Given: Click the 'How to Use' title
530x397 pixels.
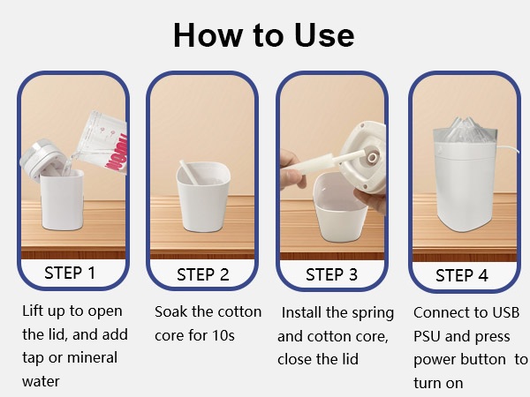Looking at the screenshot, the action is pyautogui.click(x=263, y=35).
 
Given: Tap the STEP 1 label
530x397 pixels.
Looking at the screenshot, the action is pyautogui.click(x=70, y=273).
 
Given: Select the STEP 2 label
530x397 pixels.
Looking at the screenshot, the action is pyautogui.click(x=203, y=274).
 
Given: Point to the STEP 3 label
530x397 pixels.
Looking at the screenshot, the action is pyautogui.click(x=331, y=274).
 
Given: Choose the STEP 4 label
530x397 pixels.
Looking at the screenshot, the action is pyautogui.click(x=462, y=275).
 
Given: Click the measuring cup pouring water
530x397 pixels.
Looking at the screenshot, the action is pyautogui.click(x=102, y=144).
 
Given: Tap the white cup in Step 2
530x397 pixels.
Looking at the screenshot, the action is pyautogui.click(x=203, y=197).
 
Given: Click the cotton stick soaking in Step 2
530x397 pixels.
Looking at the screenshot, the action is pyautogui.click(x=188, y=171).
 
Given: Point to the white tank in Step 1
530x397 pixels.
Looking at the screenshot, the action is pyautogui.click(x=62, y=200).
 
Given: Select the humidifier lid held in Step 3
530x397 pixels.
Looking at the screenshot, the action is pyautogui.click(x=363, y=158).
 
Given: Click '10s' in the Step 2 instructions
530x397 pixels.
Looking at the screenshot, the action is pyautogui.click(x=223, y=335).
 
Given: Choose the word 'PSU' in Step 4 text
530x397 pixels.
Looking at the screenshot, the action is pyautogui.click(x=427, y=336).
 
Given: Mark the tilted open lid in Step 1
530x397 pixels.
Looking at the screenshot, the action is pyautogui.click(x=42, y=160).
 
